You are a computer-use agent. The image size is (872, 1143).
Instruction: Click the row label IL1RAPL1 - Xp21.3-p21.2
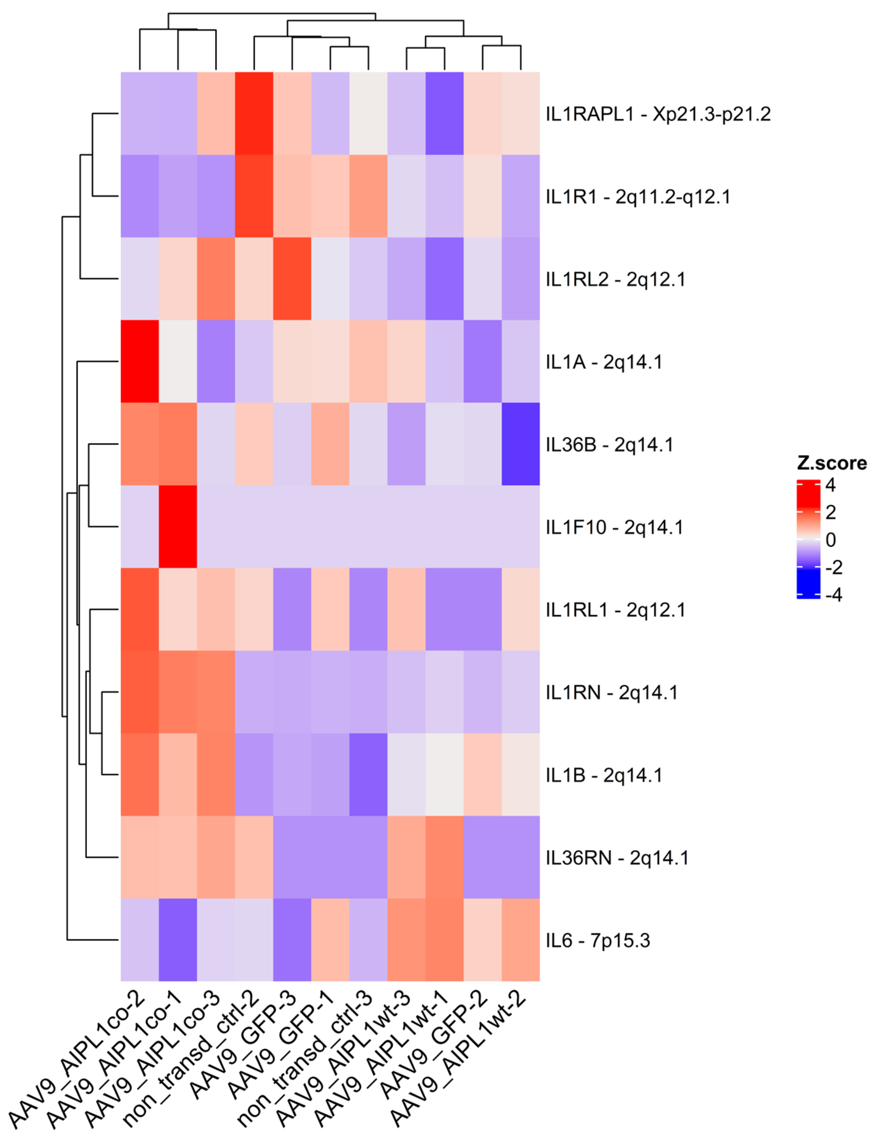point(657,114)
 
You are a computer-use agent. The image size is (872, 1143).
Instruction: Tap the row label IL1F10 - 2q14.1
point(614,527)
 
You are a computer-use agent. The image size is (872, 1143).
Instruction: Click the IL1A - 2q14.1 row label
point(604,362)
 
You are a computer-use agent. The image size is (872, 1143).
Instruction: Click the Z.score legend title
point(831,463)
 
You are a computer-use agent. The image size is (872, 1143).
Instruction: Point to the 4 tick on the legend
point(830,485)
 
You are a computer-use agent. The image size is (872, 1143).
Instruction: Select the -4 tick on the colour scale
point(833,595)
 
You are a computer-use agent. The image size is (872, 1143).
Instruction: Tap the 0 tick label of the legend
point(830,540)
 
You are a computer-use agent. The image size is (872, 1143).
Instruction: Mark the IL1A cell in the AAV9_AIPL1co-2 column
point(140,362)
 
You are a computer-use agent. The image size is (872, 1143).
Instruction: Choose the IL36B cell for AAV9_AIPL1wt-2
point(521,444)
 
